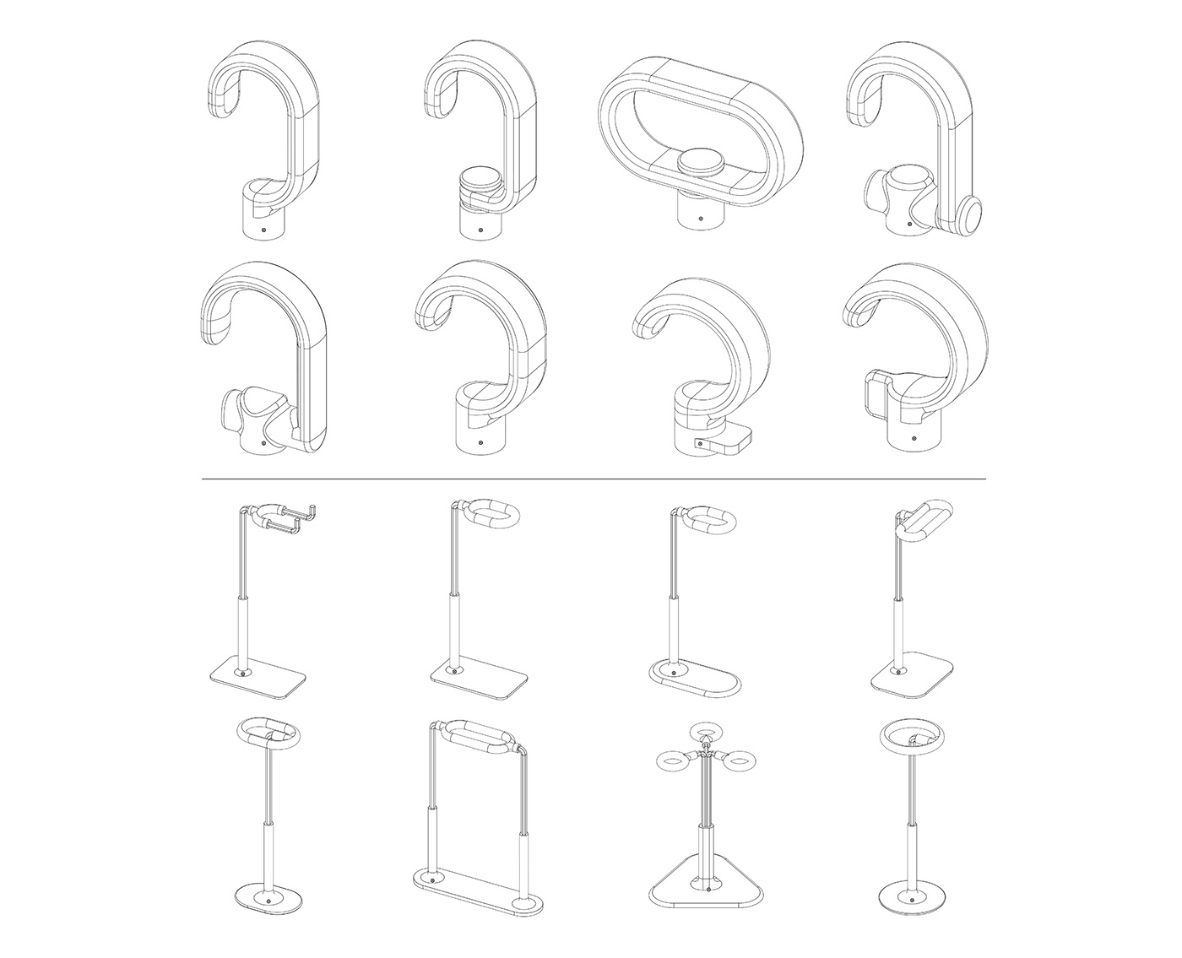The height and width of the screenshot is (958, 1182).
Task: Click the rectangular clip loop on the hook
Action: [x=876, y=393]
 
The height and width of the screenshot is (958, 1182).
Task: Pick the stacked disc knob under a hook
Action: [x=478, y=186]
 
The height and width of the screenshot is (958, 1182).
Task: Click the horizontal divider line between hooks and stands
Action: [x=591, y=479]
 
